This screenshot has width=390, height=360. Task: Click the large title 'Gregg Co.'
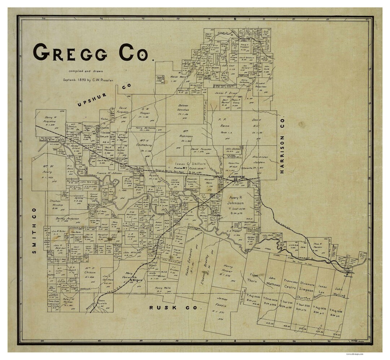click(x=92, y=53)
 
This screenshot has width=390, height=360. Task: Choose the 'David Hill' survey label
click(x=256, y=122)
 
